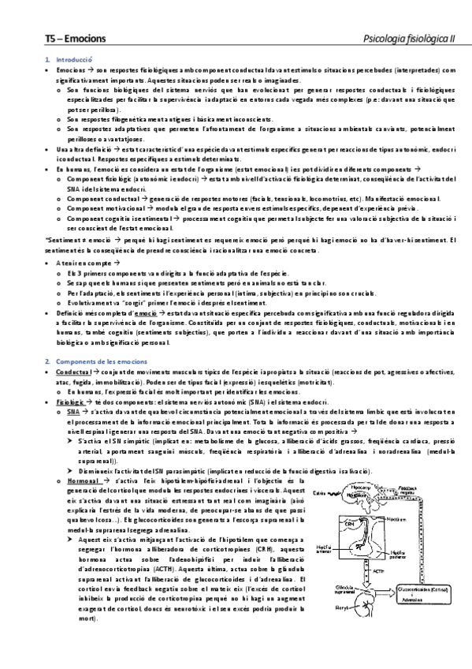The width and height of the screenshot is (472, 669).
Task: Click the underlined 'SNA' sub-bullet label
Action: click(73, 411)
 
